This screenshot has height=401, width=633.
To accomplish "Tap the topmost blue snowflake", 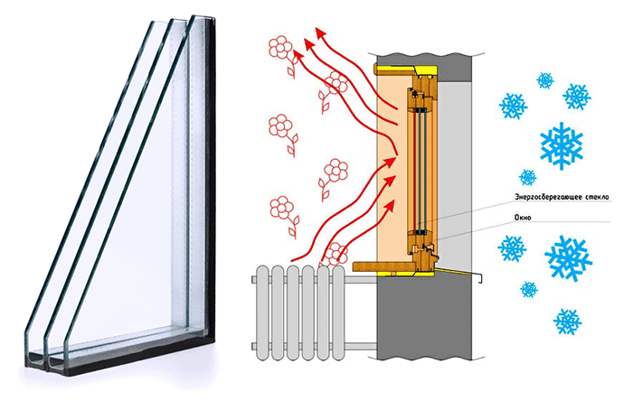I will (x=545, y=80).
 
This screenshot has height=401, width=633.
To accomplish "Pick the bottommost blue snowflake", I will (x=567, y=320).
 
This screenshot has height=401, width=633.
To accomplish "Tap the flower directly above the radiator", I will (x=339, y=252).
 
